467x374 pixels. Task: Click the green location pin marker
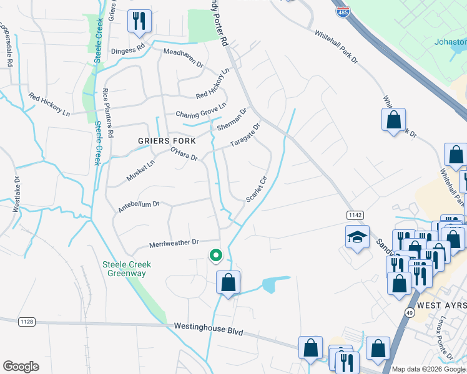pyautogui.click(x=215, y=256)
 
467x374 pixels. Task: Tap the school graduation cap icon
pyautogui.click(x=357, y=237)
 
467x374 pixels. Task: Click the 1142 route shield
pyautogui.click(x=355, y=214)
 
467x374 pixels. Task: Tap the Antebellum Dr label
pyautogui.click(x=139, y=206)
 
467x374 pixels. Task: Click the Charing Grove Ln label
pyautogui.click(x=200, y=114)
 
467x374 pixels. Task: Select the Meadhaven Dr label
pyautogui.click(x=183, y=59)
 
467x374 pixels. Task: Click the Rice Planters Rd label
pyautogui.click(x=107, y=112)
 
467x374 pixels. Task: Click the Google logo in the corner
pyautogui.click(x=21, y=367)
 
